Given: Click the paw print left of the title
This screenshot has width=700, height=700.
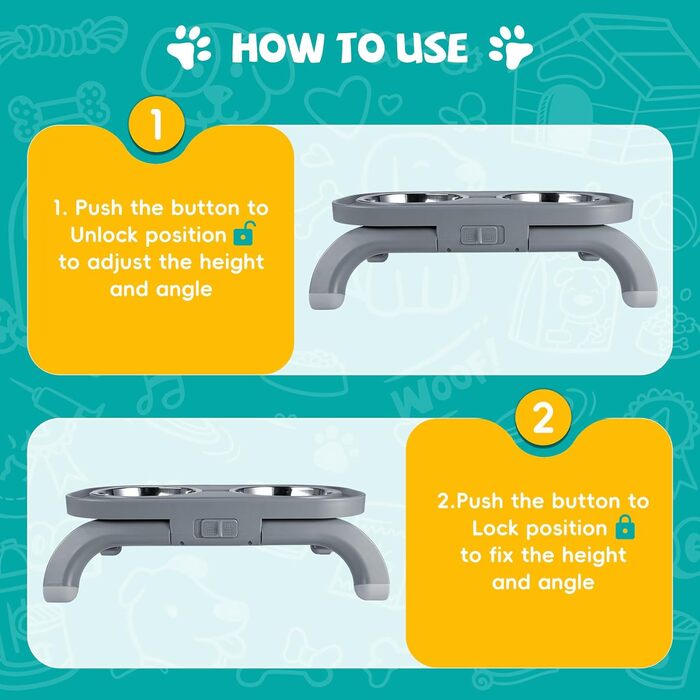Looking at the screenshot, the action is [x=189, y=47].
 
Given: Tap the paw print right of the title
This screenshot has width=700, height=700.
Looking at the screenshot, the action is [x=511, y=47].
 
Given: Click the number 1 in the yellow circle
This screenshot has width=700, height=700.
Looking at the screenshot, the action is [x=156, y=125].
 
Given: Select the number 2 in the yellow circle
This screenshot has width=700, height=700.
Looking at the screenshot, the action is [x=543, y=418].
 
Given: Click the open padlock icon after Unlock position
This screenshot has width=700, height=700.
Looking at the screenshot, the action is [x=244, y=233].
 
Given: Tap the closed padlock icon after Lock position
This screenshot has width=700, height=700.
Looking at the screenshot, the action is [x=625, y=527].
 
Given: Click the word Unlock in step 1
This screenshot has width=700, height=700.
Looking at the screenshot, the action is [x=105, y=235].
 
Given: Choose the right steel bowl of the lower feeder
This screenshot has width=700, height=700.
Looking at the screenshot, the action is [x=284, y=491].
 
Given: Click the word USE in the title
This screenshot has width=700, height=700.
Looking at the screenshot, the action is [x=432, y=47].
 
